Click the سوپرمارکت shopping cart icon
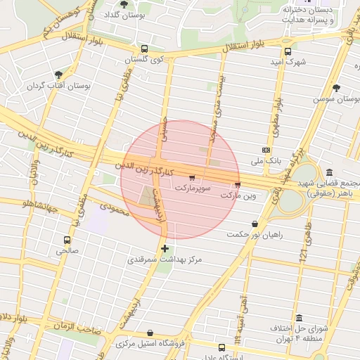coord(192,178)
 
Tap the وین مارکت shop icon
coord(237,185)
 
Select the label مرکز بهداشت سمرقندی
coord(165,259)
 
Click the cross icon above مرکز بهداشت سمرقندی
coord(165,248)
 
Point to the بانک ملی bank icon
coord(266,150)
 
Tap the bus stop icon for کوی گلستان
coord(144,49)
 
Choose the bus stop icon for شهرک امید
coord(288,51)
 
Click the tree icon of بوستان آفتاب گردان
coord(58,75)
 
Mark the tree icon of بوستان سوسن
coord(336,89)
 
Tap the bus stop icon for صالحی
coord(67,240)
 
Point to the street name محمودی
coord(115,208)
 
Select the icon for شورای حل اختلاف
coord(300,318)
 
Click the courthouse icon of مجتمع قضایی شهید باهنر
coord(330,173)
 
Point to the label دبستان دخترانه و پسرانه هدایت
coord(307,15)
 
